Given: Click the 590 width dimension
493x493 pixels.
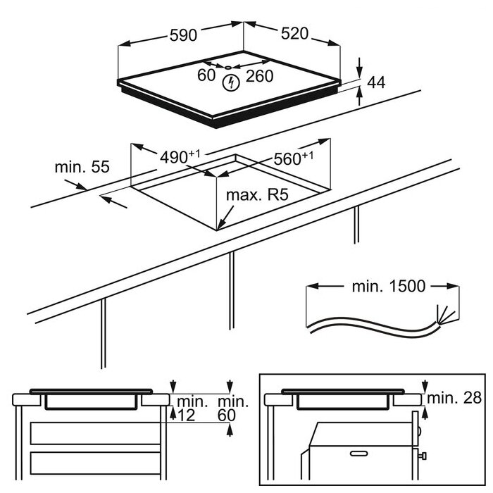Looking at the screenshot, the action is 183,35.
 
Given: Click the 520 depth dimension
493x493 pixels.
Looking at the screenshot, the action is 294,34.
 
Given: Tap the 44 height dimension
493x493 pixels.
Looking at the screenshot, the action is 376,82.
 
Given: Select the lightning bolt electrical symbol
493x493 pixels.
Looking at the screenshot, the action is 231,82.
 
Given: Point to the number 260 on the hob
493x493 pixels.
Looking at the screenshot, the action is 259,76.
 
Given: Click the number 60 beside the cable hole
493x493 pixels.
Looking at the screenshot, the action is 206,75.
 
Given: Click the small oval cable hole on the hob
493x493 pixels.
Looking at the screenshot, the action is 228,68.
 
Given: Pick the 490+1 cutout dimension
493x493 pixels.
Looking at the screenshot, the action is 180,157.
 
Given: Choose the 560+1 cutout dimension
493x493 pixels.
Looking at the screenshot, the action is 294,158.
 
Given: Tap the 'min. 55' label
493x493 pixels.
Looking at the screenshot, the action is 82,167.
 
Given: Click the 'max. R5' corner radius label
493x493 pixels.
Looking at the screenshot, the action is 257,195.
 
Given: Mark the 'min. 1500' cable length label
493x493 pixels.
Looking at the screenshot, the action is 389,286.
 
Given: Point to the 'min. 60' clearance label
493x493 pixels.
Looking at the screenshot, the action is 233,408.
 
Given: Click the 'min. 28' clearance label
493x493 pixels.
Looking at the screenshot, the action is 454,398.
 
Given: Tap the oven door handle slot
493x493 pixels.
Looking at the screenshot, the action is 358,454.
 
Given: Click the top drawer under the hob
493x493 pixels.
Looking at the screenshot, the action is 95,433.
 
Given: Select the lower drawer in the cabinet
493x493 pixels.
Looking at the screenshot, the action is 95,463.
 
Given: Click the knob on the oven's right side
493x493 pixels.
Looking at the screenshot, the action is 423,456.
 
